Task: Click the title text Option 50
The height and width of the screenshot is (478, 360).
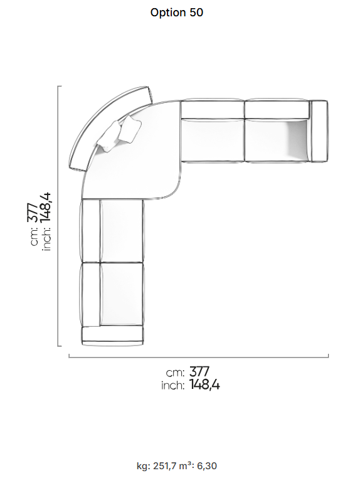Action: pos(176,13)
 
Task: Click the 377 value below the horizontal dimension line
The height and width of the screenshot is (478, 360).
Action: pos(199,371)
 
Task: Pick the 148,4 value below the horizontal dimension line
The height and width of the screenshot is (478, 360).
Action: pos(204,385)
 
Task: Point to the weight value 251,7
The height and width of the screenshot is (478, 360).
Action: pos(164,466)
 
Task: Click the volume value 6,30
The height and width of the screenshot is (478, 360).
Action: pos(207,466)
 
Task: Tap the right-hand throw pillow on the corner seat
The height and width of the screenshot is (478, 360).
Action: pos(130,129)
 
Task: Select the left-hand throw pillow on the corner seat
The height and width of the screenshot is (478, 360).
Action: pos(109,137)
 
